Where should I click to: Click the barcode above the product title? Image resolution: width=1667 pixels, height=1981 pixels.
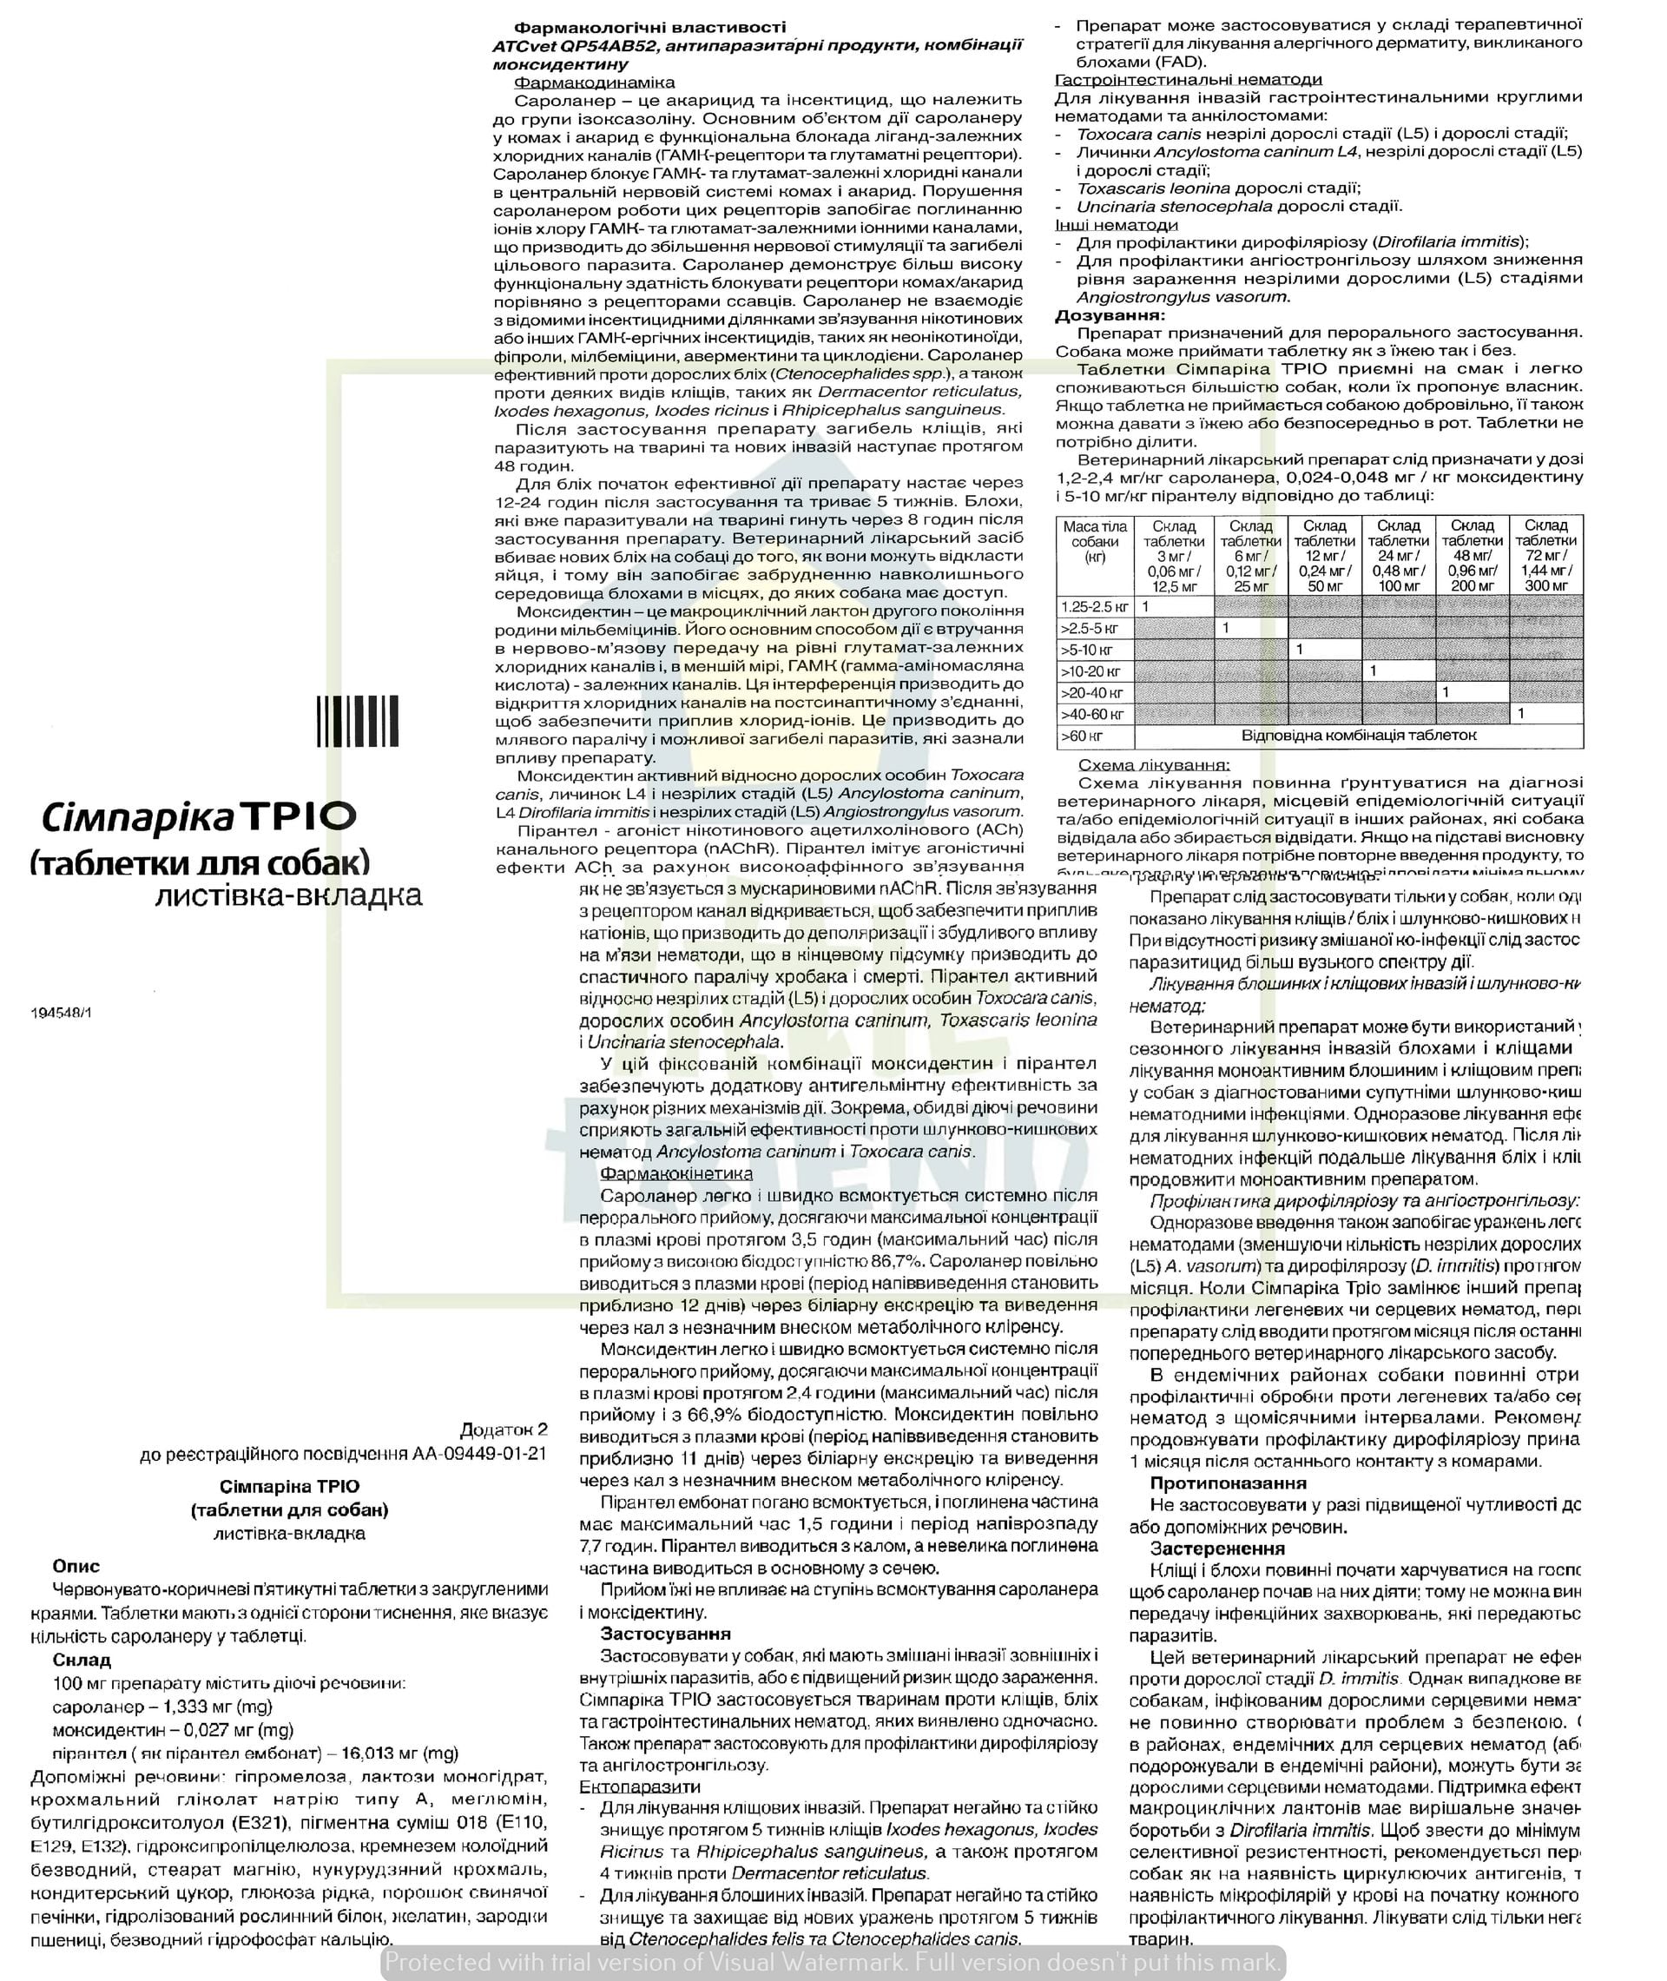[357, 721]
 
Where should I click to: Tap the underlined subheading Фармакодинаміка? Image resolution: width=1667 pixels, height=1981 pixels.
[595, 83]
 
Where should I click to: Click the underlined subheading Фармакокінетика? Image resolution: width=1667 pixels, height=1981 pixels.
[676, 1173]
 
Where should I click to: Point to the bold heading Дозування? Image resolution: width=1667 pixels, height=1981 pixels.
[1110, 315]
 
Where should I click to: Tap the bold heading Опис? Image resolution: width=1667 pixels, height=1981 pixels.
[76, 1566]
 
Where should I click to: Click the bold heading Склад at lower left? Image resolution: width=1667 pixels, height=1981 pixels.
[82, 1660]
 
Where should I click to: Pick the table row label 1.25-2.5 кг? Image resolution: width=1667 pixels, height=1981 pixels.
[1094, 607]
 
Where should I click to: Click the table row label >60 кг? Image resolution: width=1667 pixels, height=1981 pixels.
[1082, 736]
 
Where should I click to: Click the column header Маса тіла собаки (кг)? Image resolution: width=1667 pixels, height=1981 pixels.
[1094, 542]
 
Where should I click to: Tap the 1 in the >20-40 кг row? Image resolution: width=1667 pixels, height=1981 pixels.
[1446, 692]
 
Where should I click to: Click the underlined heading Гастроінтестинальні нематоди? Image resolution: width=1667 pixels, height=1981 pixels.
[1188, 79]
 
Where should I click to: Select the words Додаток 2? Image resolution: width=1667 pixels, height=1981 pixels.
[504, 1429]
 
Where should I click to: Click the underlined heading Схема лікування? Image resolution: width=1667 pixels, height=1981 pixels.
[1154, 764]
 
